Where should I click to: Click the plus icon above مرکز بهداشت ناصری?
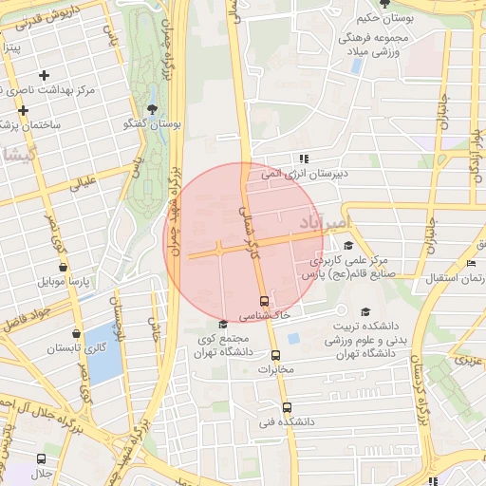(x=44, y=75)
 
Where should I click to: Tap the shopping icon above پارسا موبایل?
(x=64, y=269)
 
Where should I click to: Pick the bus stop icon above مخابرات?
(x=276, y=355)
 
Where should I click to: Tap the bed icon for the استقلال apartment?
(x=472, y=263)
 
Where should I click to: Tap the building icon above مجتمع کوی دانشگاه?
(x=223, y=325)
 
